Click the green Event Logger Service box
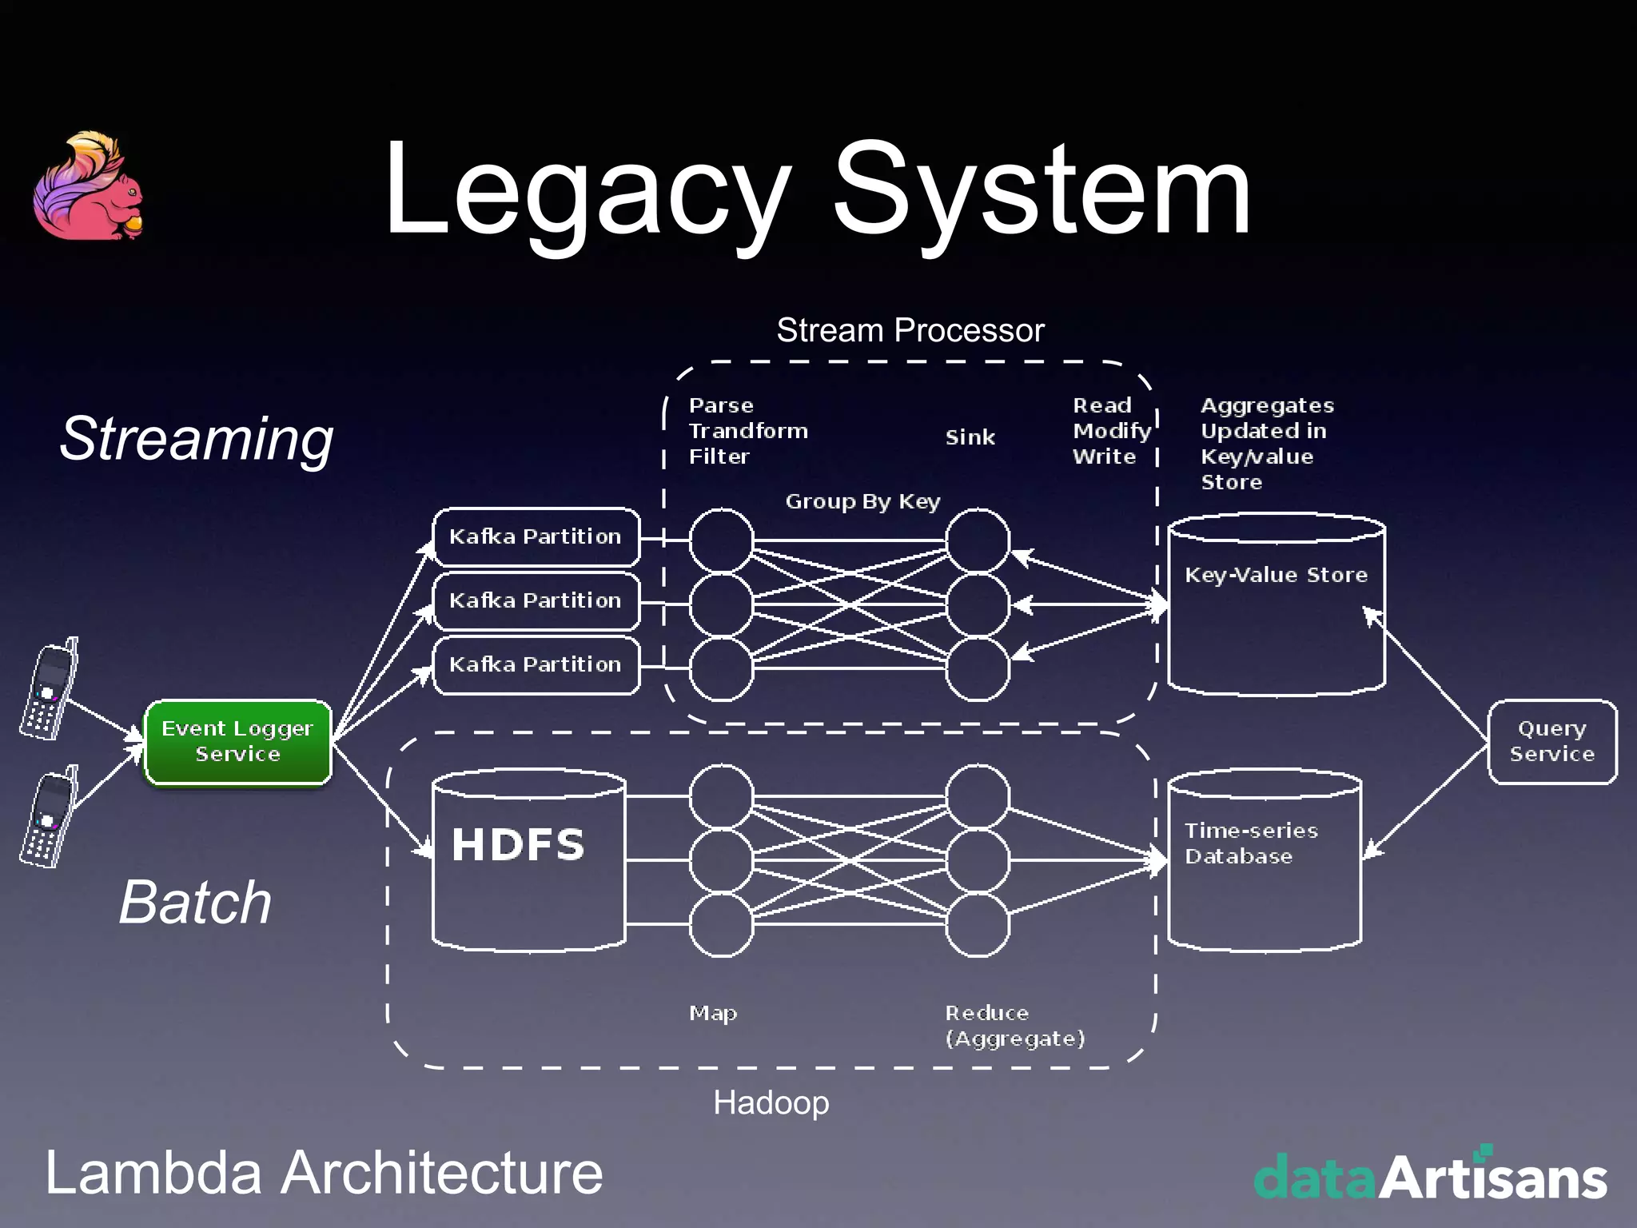[x=237, y=742]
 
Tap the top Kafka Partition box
[x=536, y=536]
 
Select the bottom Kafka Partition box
[x=536, y=664]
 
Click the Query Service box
[x=1551, y=742]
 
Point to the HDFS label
[x=518, y=845]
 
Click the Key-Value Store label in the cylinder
[x=1276, y=575]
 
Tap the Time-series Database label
[x=1251, y=843]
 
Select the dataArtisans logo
[x=1430, y=1176]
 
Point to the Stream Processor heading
[x=910, y=330]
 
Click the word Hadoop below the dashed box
[x=771, y=1102]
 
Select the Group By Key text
[x=862, y=501]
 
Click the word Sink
[x=970, y=437]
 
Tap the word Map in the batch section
[x=713, y=1013]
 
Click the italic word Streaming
[x=197, y=439]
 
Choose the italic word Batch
[x=196, y=903]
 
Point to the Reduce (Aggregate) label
[x=1014, y=1026]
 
